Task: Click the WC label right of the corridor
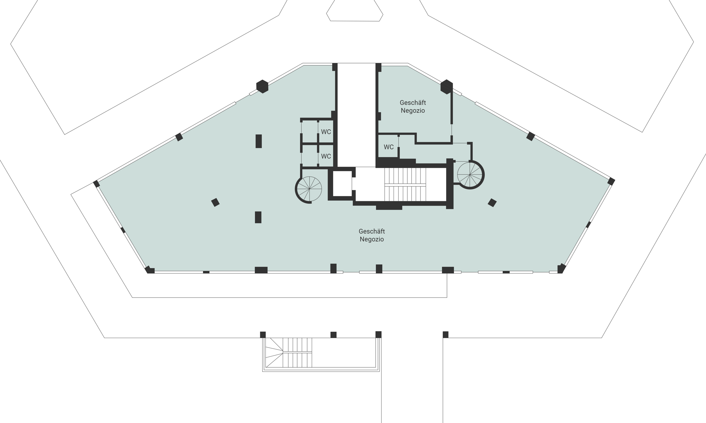389,147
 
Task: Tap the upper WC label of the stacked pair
326,132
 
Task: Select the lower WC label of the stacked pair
326,156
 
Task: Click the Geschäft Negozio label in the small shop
413,106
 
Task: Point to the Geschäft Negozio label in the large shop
372,235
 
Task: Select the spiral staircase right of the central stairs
471,174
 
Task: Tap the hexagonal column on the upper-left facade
262,86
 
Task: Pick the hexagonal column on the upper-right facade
447,87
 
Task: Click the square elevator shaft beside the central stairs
342,183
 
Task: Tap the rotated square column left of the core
215,202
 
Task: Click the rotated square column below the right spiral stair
492,203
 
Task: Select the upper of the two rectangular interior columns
259,141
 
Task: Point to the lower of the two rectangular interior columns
258,217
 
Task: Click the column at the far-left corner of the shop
96,184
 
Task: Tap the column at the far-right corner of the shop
611,182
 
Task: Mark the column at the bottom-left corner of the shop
150,270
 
